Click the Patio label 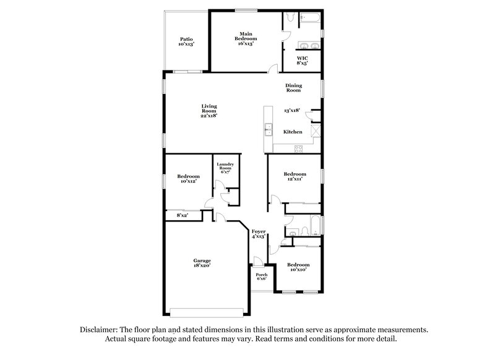186,41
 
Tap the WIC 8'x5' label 302,60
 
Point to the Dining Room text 293,88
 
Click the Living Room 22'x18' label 208,110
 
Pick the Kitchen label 293,132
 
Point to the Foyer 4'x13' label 258,234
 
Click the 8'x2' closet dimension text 182,215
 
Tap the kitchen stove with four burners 298,148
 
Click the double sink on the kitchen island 269,129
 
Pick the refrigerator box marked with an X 316,131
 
